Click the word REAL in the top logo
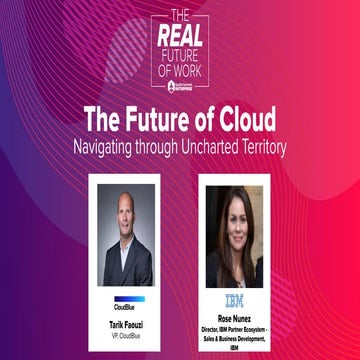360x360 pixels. click(x=180, y=35)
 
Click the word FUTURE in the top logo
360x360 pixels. click(x=180, y=53)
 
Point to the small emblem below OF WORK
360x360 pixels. click(x=180, y=83)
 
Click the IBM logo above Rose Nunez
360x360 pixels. click(x=234, y=298)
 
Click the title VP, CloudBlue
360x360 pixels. click(x=125, y=337)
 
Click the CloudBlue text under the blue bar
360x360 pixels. click(x=124, y=306)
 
